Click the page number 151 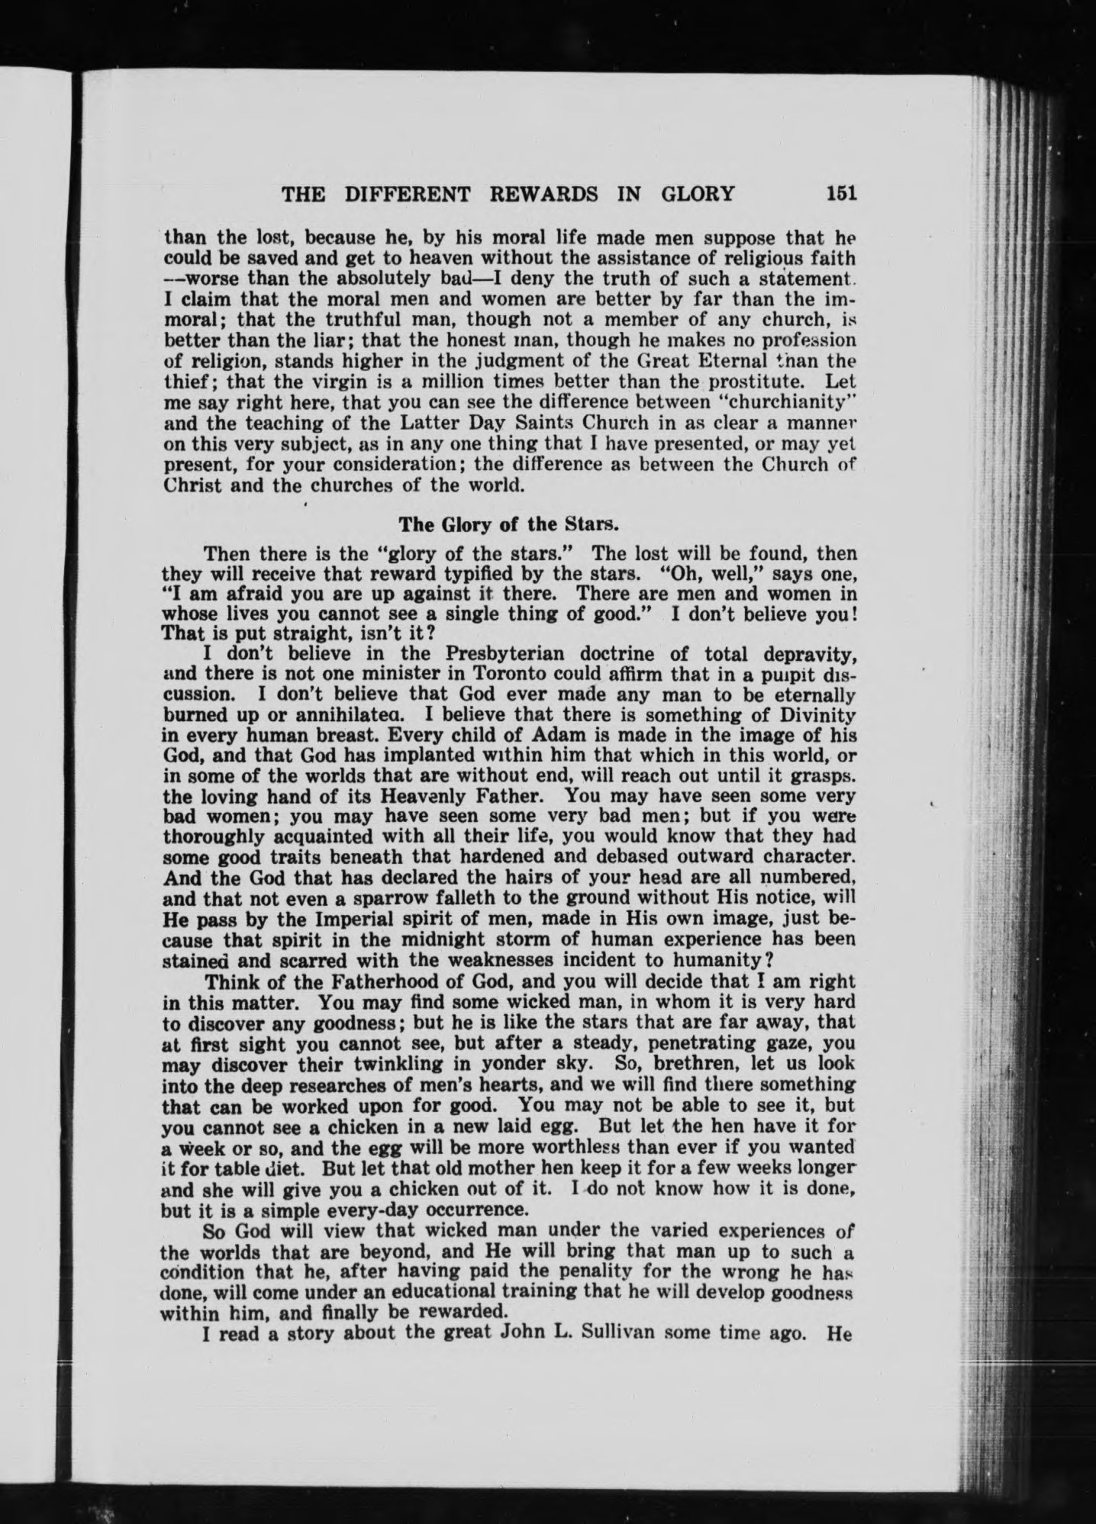[x=842, y=193]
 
